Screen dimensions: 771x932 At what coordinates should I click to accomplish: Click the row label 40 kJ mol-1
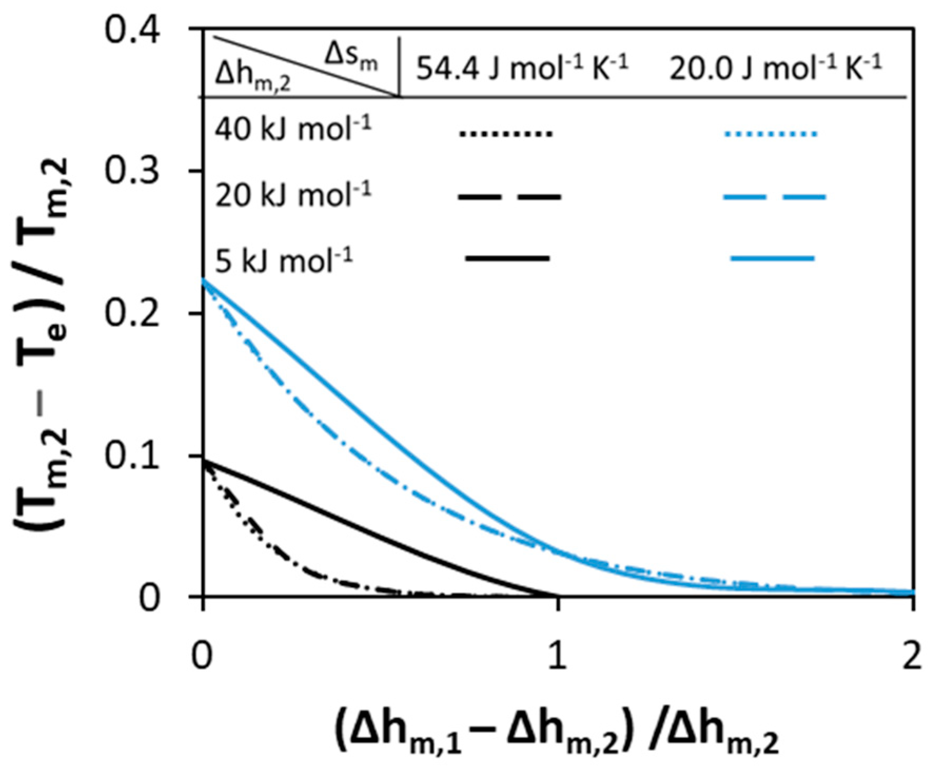(293, 129)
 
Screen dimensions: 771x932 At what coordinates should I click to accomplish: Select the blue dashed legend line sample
(774, 197)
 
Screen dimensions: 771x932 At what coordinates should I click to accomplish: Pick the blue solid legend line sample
(772, 259)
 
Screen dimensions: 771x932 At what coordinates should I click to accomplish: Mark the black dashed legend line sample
(509, 197)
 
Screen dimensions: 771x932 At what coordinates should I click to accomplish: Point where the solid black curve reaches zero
(557, 596)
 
